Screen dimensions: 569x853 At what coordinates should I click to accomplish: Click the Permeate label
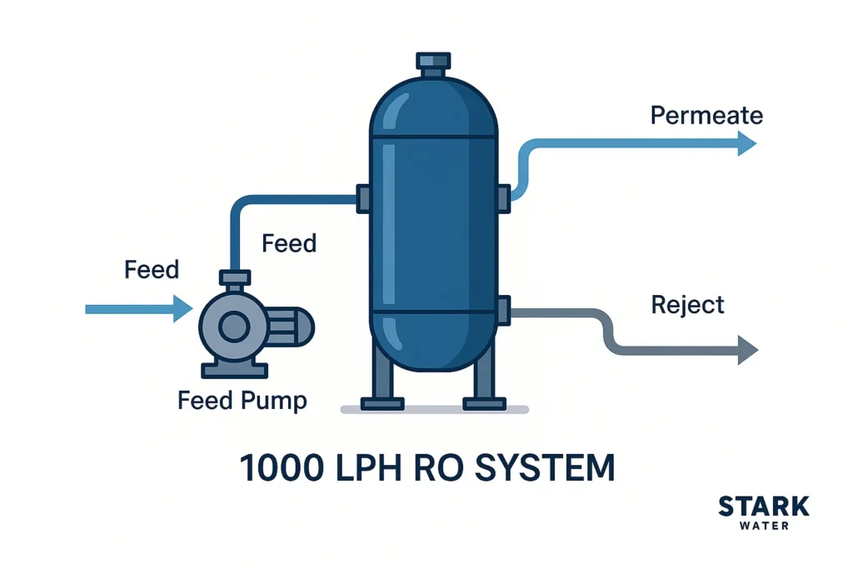pyautogui.click(x=706, y=115)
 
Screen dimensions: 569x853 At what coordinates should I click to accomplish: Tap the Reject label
pyautogui.click(x=688, y=305)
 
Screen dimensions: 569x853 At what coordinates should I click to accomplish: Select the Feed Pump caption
pyautogui.click(x=242, y=401)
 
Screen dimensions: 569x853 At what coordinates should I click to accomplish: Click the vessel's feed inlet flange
pyautogui.click(x=364, y=197)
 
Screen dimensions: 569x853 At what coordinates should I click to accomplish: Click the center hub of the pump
pyautogui.click(x=234, y=327)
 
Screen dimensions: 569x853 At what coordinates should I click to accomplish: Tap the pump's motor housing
pyautogui.click(x=290, y=326)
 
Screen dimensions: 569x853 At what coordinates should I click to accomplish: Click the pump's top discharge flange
pyautogui.click(x=234, y=277)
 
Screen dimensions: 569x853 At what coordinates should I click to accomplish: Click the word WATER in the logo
pyautogui.click(x=763, y=526)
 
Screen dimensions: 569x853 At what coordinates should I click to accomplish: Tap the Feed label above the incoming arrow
pyautogui.click(x=152, y=270)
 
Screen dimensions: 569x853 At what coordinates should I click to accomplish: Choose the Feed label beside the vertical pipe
pyautogui.click(x=289, y=243)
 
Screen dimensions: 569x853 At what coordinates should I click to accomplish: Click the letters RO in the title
pyautogui.click(x=431, y=468)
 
